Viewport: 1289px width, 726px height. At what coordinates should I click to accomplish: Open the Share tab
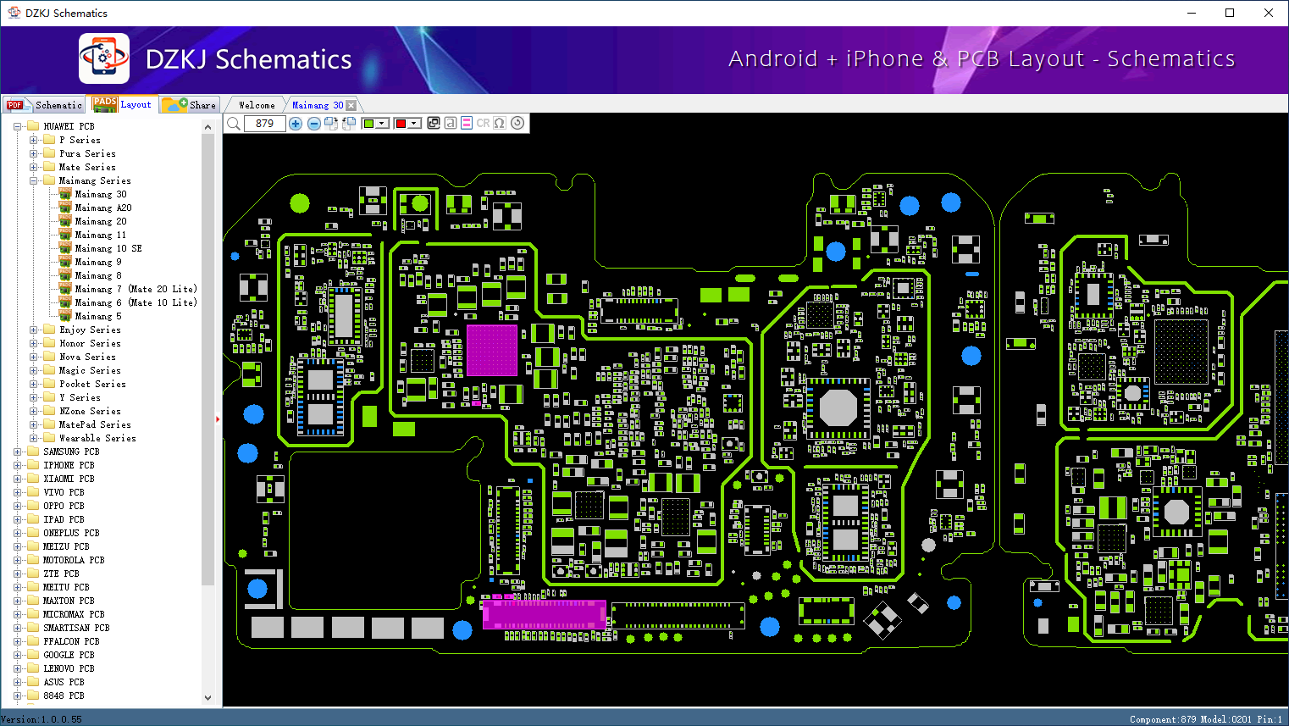[x=191, y=105]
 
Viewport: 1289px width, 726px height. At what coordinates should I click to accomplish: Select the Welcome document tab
[x=257, y=105]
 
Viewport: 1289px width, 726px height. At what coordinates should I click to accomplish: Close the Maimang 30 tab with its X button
[x=351, y=105]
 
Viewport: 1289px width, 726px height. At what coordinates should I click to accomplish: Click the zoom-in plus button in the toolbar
[x=296, y=124]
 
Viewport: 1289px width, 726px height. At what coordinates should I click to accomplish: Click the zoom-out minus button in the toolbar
[x=313, y=124]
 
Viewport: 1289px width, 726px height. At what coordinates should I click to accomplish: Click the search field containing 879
[x=264, y=124]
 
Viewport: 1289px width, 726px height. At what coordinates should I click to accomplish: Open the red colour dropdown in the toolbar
[x=414, y=124]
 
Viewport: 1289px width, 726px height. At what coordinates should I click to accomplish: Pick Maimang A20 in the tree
[x=102, y=208]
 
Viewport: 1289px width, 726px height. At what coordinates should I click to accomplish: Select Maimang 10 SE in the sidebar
[x=108, y=248]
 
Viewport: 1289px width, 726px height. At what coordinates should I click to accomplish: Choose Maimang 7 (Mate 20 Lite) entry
[x=136, y=289]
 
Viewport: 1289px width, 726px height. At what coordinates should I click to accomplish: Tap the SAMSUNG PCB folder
[x=71, y=452]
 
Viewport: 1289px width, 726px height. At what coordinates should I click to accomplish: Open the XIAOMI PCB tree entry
[x=69, y=479]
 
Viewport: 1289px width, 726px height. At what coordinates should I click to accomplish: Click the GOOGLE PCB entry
[x=69, y=655]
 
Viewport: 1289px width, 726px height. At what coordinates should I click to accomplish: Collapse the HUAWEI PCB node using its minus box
[x=18, y=126]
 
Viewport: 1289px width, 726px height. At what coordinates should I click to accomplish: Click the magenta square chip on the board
[x=491, y=350]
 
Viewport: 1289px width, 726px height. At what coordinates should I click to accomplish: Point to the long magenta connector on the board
[x=544, y=614]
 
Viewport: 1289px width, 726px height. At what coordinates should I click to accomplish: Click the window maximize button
[x=1230, y=13]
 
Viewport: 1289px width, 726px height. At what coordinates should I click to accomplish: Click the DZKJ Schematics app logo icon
[x=104, y=58]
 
